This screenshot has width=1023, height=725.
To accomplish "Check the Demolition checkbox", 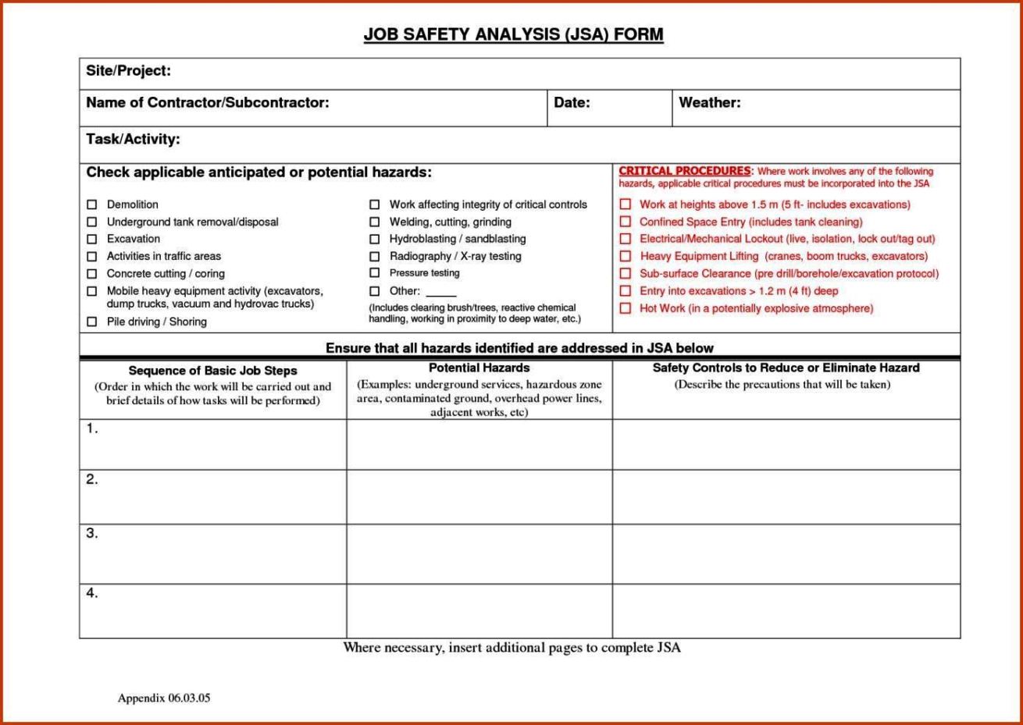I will pyautogui.click(x=92, y=204).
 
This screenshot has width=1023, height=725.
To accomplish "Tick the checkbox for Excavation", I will pyautogui.click(x=92, y=239).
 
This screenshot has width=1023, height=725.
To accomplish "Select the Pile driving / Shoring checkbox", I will pyautogui.click(x=92, y=322).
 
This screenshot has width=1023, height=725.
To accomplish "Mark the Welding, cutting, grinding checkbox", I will pyautogui.click(x=375, y=222).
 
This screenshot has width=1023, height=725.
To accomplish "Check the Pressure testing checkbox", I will pyautogui.click(x=375, y=273).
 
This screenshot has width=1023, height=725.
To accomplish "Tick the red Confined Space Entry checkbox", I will pyautogui.click(x=626, y=222).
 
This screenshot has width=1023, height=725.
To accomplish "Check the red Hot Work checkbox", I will pyautogui.click(x=626, y=308).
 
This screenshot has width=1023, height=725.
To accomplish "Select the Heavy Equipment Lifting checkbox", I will pyautogui.click(x=626, y=256).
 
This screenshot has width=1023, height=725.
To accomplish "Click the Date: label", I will pyautogui.click(x=572, y=102).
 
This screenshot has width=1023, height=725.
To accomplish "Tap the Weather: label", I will pyautogui.click(x=709, y=102).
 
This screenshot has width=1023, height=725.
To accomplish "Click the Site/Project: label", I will pyautogui.click(x=128, y=71).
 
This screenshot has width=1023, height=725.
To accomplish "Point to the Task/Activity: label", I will pyautogui.click(x=133, y=140).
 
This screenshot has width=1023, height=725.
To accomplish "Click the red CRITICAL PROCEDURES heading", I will pyautogui.click(x=685, y=171).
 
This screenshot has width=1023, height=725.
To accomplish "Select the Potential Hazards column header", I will pyautogui.click(x=479, y=368).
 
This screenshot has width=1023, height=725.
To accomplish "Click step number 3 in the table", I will pyautogui.click(x=92, y=534).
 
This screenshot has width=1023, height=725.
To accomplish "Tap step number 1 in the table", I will pyautogui.click(x=92, y=428).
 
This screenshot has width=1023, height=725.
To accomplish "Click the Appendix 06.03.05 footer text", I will pyautogui.click(x=164, y=698).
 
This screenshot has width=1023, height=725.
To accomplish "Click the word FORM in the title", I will pyautogui.click(x=638, y=35).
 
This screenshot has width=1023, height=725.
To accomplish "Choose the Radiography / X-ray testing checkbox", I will pyautogui.click(x=375, y=256).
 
